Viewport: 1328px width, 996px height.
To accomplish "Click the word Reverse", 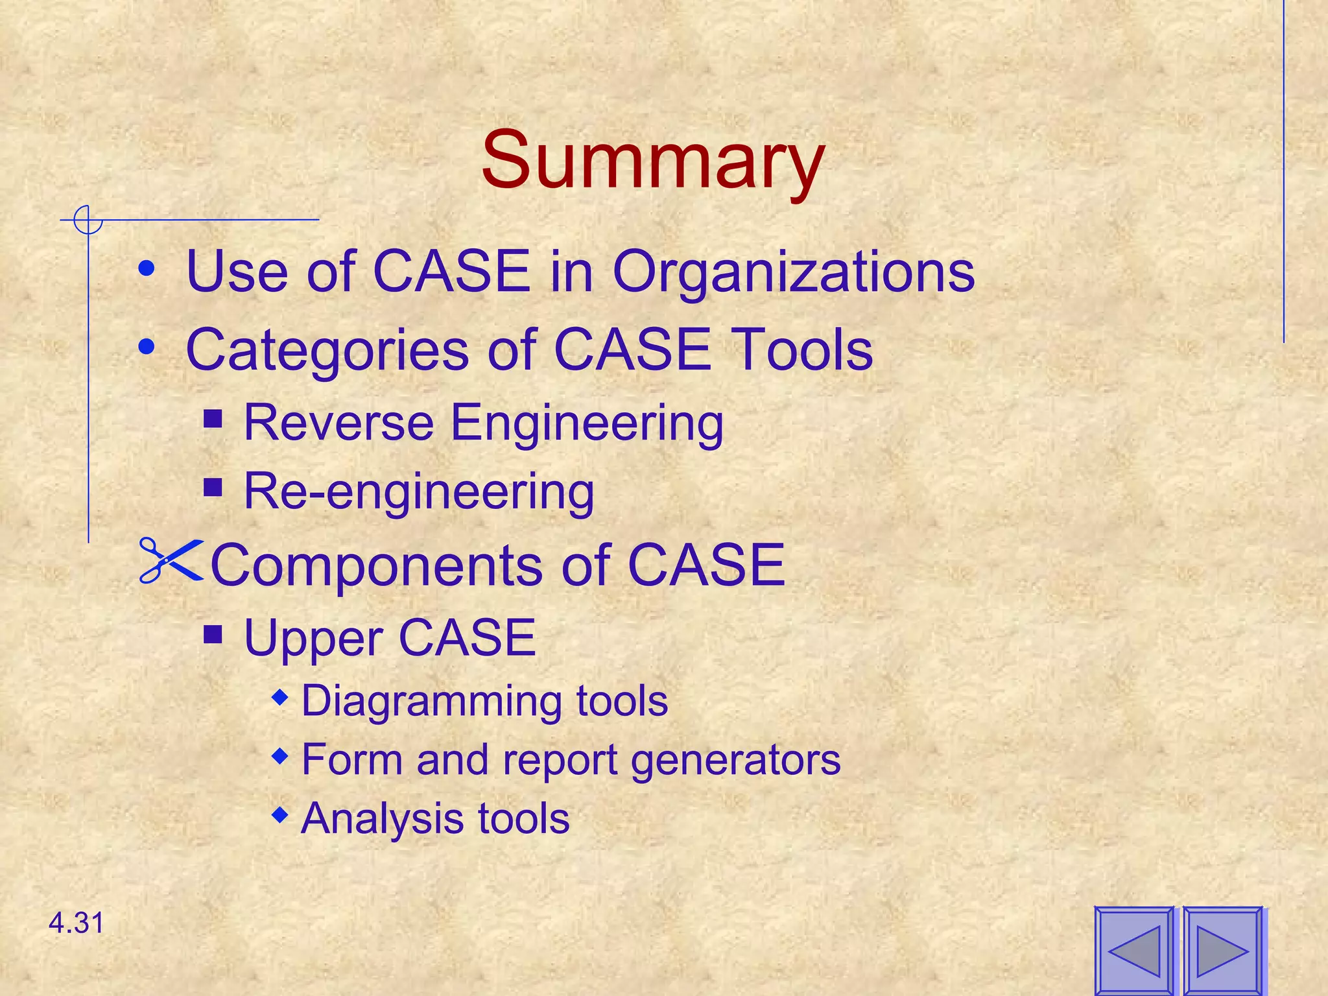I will (338, 423).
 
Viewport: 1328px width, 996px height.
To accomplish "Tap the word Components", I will (377, 565).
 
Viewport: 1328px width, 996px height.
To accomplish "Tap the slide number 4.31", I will (77, 923).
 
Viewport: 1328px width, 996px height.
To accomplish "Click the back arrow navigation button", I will (1134, 951).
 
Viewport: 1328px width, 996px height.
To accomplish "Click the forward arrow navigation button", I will (1222, 951).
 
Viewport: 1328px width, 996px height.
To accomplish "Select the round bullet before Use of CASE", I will (147, 268).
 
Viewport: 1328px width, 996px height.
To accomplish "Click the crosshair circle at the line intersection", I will (88, 220).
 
